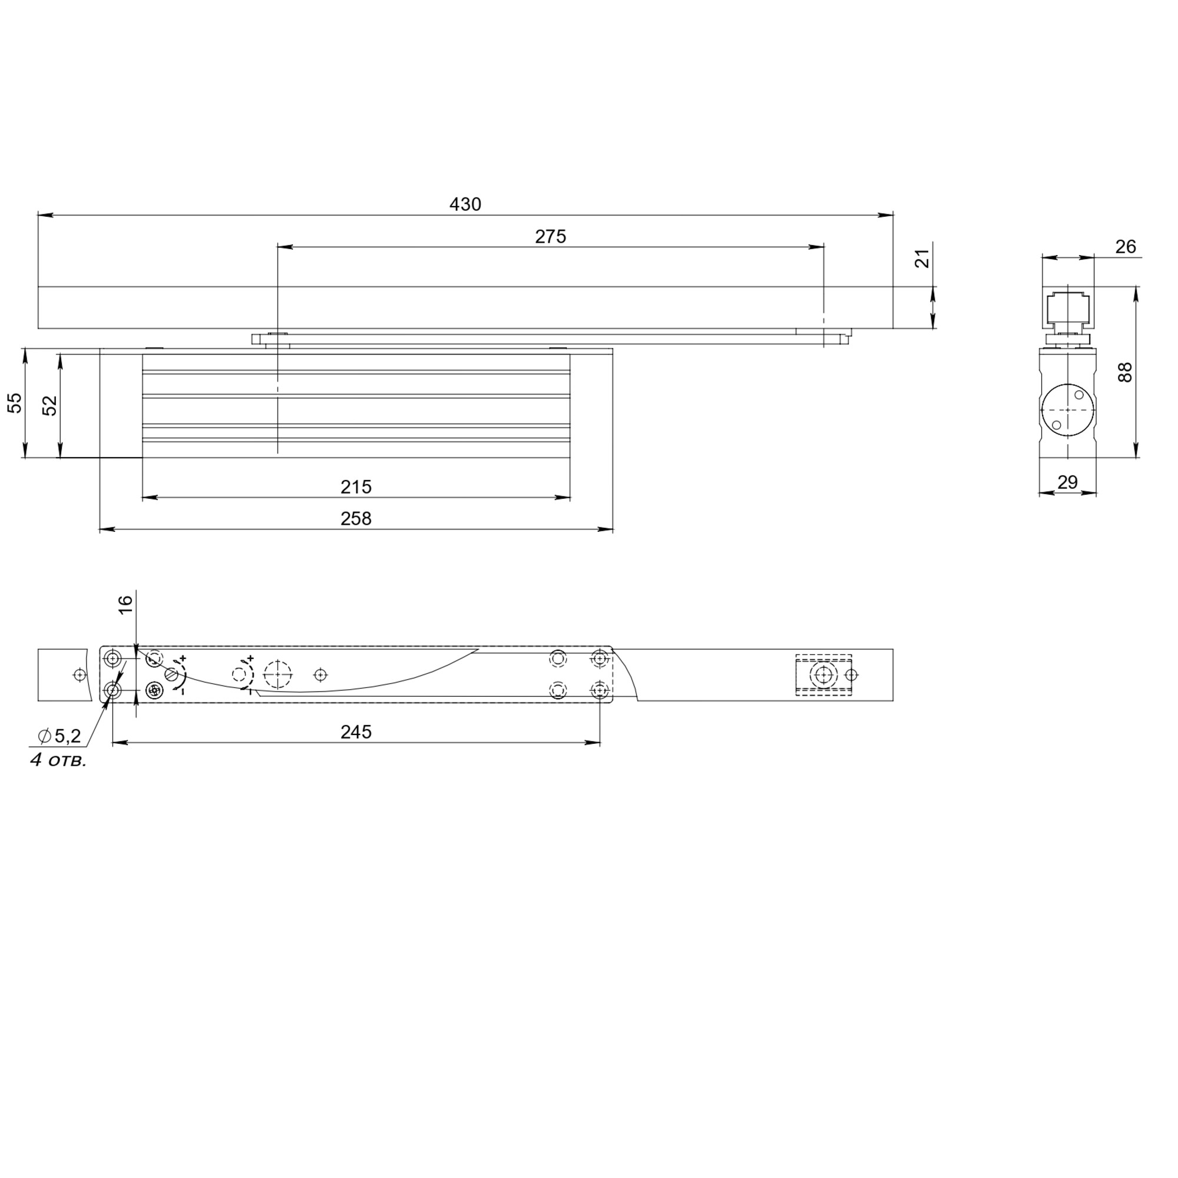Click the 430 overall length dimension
(465, 204)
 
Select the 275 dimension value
(551, 237)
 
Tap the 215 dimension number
(356, 487)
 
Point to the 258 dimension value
(356, 519)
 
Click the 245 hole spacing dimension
(356, 732)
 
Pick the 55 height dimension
(15, 403)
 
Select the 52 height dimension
(50, 405)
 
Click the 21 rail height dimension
(924, 259)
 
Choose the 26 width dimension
(1126, 247)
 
